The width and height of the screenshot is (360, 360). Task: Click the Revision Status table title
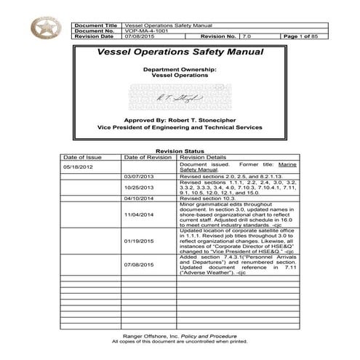click(x=180, y=151)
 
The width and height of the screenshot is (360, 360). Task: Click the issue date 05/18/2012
click(x=79, y=167)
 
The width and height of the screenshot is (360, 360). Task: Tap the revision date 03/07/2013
click(x=140, y=177)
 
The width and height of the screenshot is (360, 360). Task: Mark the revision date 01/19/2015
click(x=140, y=241)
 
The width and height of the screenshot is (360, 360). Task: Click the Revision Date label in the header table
click(x=95, y=38)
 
